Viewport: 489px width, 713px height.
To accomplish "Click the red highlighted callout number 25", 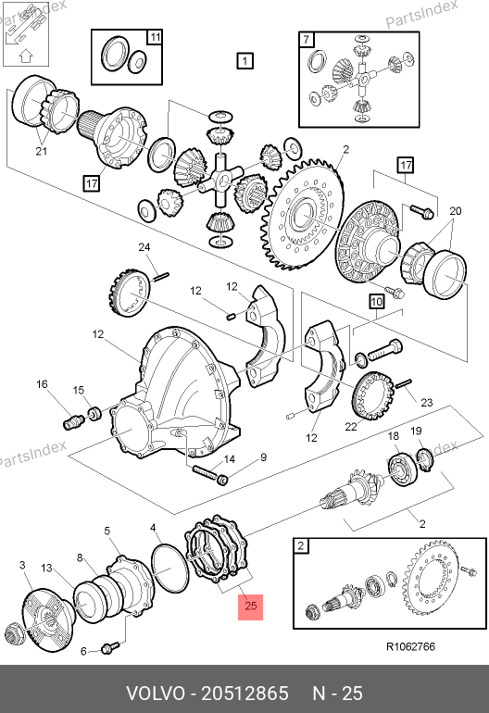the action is [x=251, y=607].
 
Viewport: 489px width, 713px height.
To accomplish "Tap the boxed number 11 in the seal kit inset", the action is [x=155, y=37].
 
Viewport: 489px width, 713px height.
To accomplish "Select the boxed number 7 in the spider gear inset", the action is [x=307, y=40].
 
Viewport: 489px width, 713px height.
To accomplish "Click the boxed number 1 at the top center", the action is [x=244, y=60].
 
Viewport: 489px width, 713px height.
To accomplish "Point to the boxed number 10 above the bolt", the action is [x=377, y=302].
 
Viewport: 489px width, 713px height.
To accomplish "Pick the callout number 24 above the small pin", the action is [x=144, y=247].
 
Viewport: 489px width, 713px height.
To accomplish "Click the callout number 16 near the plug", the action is [x=42, y=384].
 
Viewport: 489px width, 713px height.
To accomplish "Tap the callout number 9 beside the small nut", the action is [x=263, y=457].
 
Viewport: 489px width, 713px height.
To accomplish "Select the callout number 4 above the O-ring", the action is [x=153, y=528].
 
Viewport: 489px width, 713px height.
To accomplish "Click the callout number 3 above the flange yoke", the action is [x=22, y=565].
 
